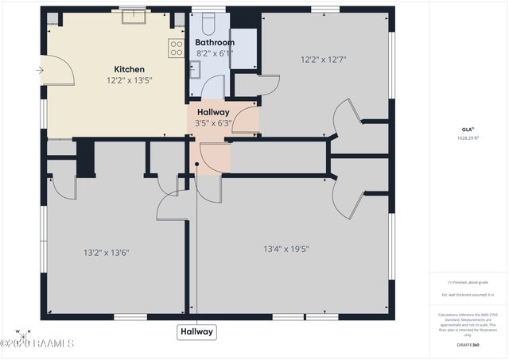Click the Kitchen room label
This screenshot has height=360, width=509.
point(129,69)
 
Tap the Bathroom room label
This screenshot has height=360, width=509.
point(215,42)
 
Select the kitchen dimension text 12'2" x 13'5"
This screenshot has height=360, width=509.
point(129,80)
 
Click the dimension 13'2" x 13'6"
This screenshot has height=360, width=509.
point(106,253)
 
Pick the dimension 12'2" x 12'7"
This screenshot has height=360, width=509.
point(323,59)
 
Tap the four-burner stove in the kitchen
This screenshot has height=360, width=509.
point(176,48)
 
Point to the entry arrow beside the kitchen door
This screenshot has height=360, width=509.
point(40,71)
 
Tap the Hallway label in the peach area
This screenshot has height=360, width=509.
point(214,112)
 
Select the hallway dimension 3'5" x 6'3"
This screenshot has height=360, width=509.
point(214,123)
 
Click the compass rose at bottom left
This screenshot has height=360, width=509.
point(24,332)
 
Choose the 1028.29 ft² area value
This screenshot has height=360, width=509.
point(468,137)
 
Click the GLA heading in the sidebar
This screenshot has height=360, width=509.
point(467,129)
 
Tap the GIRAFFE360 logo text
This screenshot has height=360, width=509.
point(468,346)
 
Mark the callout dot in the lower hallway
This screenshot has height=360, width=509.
point(196,165)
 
